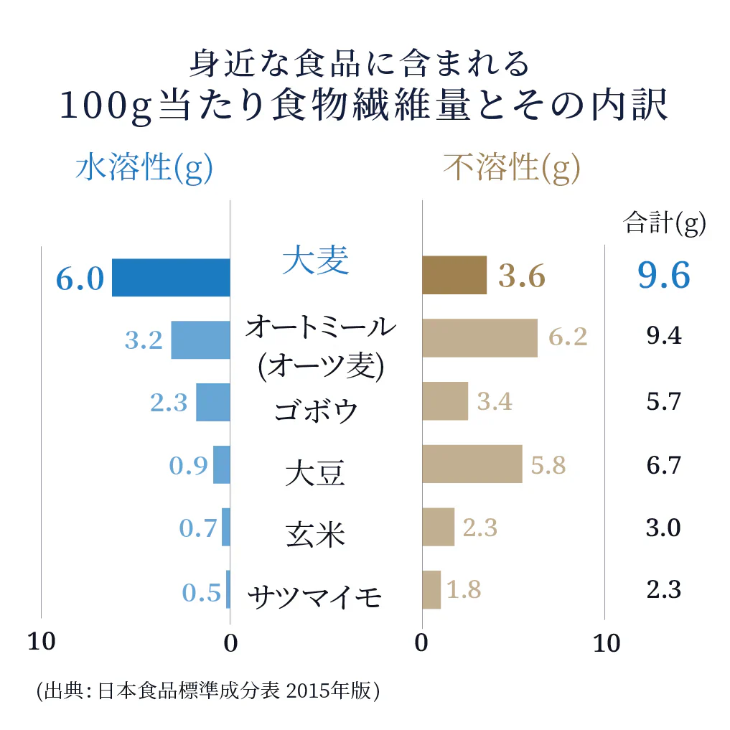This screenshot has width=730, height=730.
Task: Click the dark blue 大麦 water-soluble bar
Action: tap(171, 277)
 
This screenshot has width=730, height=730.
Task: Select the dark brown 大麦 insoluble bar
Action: tap(454, 276)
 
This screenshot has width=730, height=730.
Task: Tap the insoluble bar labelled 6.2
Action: tap(479, 338)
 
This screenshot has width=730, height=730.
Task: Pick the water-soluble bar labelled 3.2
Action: tap(200, 340)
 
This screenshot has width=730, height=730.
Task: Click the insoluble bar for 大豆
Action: tap(472, 464)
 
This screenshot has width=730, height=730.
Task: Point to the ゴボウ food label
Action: tap(316, 411)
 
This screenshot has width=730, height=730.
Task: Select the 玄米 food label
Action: tap(315, 534)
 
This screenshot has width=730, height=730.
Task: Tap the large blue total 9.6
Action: tap(663, 276)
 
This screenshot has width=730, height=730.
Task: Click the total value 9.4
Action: tap(663, 336)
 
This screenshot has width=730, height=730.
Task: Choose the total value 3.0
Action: tap(663, 528)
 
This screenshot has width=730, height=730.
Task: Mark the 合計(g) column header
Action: tap(665, 223)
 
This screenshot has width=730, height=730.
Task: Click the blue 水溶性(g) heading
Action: tap(144, 169)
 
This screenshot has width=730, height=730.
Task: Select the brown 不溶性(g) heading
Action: tap(511, 169)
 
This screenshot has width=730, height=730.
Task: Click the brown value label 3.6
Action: tap(522, 276)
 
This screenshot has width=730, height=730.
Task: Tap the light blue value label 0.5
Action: tap(201, 593)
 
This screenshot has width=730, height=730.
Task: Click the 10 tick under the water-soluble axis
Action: tap(41, 642)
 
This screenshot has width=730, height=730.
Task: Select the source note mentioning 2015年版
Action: tap(207, 691)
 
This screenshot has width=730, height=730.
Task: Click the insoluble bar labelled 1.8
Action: tap(431, 589)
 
